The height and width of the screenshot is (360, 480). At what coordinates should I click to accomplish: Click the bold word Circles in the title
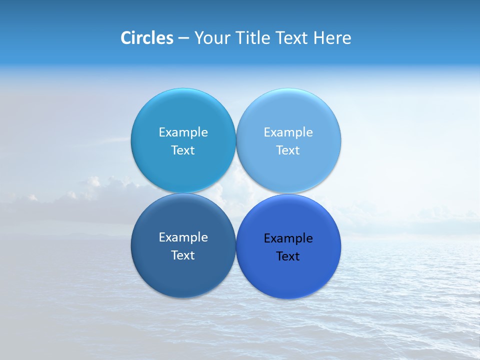146,38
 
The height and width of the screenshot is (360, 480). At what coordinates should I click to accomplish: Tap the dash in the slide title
183,38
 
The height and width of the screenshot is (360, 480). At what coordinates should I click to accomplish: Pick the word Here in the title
332,38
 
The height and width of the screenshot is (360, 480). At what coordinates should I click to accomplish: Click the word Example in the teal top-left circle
183,132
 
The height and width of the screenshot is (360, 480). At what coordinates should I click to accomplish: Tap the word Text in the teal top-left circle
183,150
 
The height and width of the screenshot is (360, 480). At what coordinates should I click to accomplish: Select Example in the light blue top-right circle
288,132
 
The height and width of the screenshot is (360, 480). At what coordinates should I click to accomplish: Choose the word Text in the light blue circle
288,150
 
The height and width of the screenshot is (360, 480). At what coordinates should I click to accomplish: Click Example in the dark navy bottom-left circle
183,237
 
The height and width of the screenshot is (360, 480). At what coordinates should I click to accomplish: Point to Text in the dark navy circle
183,255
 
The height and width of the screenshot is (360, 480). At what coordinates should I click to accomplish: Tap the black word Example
288,238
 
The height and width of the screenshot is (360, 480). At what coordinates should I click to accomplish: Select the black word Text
288,256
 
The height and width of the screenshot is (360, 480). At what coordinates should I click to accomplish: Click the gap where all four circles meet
236,193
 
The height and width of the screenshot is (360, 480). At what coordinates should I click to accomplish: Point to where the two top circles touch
236,140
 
